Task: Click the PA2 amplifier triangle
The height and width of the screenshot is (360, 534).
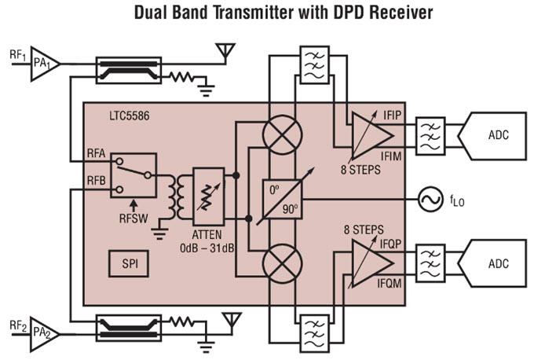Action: [43, 334]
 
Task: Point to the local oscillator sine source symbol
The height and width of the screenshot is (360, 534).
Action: [430, 200]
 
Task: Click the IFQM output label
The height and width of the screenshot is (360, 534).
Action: [390, 280]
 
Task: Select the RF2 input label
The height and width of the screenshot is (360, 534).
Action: [16, 325]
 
